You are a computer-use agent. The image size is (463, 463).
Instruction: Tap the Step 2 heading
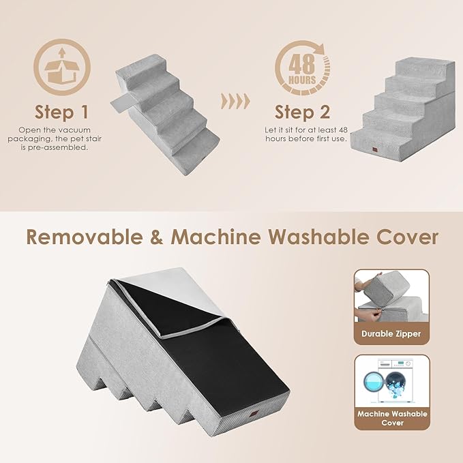tap(302, 111)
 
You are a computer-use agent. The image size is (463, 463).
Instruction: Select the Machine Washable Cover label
tap(391, 418)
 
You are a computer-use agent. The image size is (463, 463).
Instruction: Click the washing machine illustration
tap(391, 382)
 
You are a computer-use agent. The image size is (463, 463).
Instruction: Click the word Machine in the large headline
tap(216, 237)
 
